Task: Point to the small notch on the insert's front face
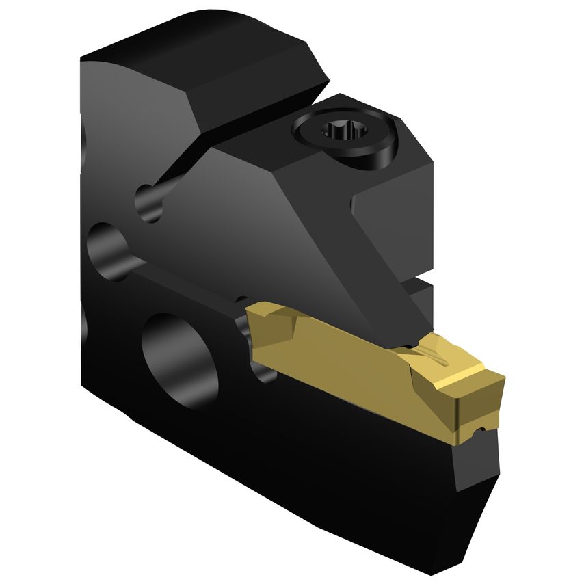[x=481, y=429]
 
